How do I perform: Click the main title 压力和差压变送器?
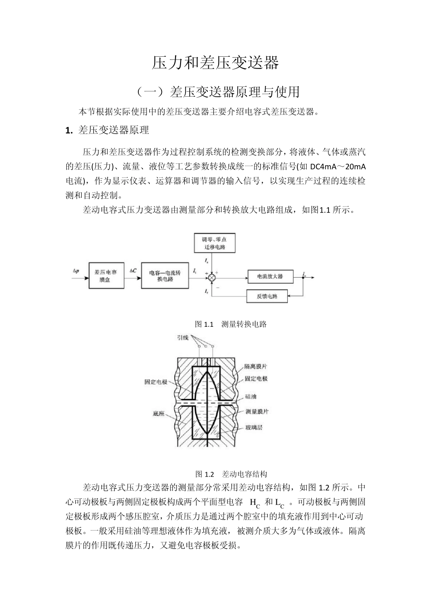[215, 63]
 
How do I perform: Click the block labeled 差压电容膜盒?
[105, 276]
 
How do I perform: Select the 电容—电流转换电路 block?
[165, 276]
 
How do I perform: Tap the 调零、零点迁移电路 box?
[215, 243]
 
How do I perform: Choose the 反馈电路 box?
[267, 296]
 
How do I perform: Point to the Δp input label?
[76, 271]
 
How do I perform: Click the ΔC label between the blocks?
[133, 271]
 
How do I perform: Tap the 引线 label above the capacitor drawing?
[184, 338]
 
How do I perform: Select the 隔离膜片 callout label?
[255, 366]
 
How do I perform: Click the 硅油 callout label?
[251, 396]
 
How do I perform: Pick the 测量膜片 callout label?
[257, 411]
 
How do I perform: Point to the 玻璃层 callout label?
[254, 427]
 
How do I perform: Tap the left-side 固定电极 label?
[156, 382]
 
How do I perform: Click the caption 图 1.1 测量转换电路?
[230, 324]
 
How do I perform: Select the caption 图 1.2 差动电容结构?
[231, 474]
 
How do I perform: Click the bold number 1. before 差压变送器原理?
[69, 131]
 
